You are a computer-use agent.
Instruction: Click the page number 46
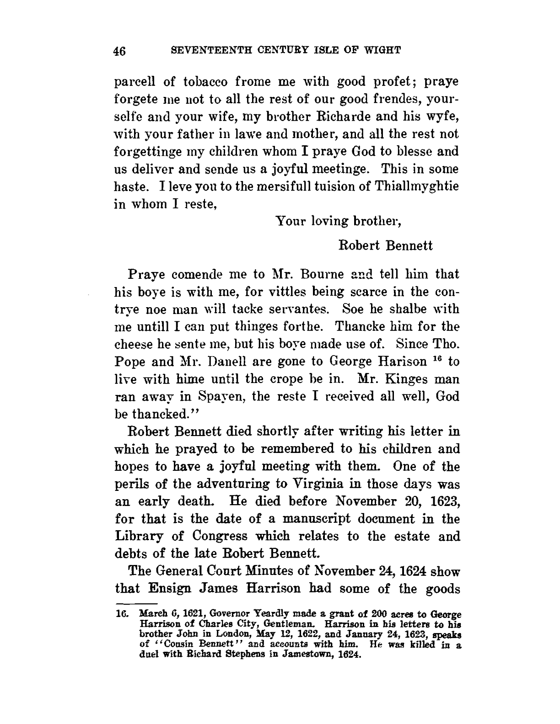click(120, 51)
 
